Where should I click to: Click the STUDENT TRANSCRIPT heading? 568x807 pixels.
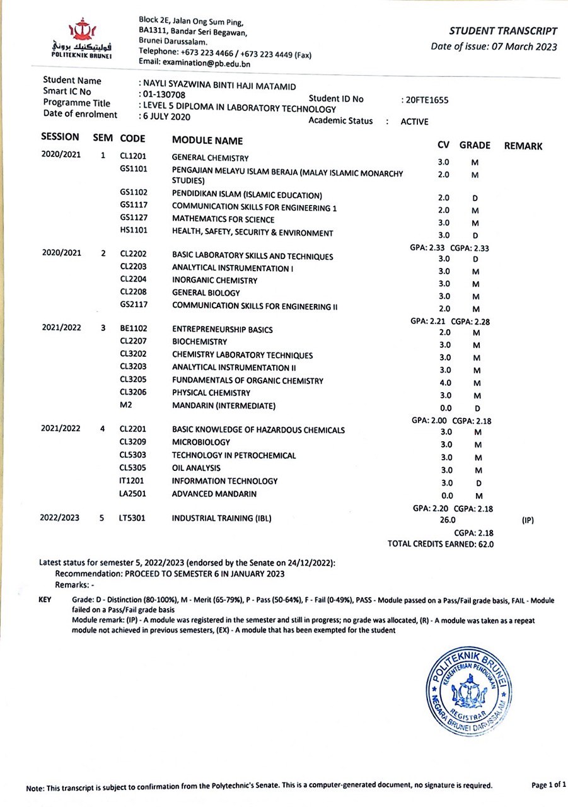click(x=503, y=31)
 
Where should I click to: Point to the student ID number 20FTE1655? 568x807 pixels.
click(x=424, y=100)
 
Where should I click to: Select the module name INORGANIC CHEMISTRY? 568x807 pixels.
click(x=214, y=281)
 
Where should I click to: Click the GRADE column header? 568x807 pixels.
click(x=475, y=145)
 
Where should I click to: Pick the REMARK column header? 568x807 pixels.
click(x=523, y=146)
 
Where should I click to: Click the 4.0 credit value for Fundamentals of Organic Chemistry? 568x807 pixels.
click(x=445, y=383)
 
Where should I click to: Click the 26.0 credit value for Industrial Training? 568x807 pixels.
click(x=448, y=520)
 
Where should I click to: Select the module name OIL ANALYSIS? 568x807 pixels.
click(x=196, y=468)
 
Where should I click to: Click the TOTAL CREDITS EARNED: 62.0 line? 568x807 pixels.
click(x=441, y=543)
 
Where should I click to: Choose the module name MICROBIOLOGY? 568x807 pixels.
click(x=201, y=443)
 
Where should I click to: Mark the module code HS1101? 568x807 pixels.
click(x=133, y=231)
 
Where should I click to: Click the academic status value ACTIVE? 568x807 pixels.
click(x=414, y=122)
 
